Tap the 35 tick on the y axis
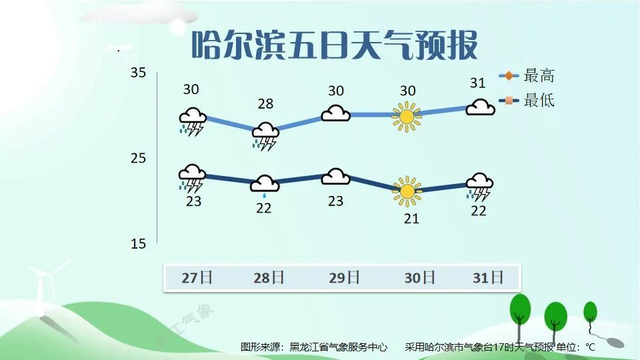coord(138,73)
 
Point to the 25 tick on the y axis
coord(138,159)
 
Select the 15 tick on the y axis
coord(138,244)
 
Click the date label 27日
coord(197,277)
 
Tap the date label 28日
coord(269,277)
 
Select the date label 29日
coord(344,277)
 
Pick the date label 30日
coord(419,277)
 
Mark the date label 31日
coord(487,277)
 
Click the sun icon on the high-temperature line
coord(406,115)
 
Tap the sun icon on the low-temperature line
coord(406,191)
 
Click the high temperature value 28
coord(265,103)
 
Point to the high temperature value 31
coord(477,83)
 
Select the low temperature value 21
coord(411,218)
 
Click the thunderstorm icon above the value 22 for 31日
coord(479,187)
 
